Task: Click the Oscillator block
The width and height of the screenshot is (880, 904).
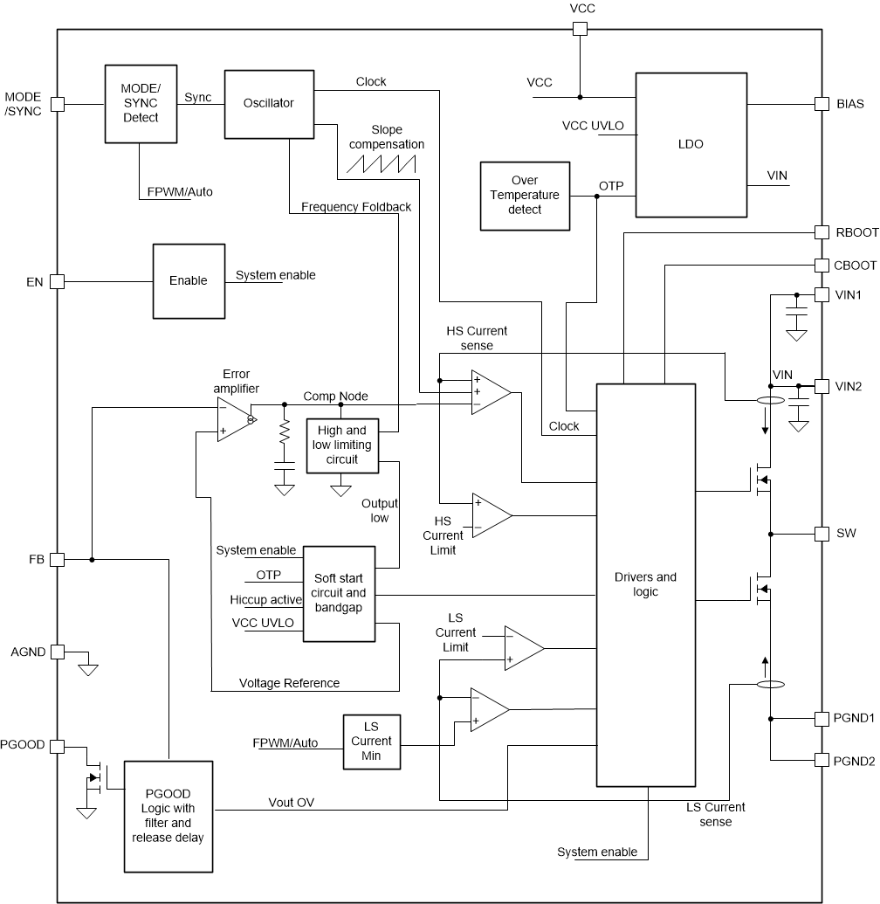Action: point(268,103)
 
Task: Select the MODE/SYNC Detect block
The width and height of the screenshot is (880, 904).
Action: point(140,103)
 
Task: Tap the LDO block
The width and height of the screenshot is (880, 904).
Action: point(691,144)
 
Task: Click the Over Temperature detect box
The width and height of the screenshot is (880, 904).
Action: point(525,196)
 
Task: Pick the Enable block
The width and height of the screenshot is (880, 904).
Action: point(188,280)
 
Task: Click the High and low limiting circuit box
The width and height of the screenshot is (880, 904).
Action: point(341,445)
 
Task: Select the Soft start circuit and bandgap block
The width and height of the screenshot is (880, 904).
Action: point(339,594)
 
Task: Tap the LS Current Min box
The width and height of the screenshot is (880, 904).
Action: point(371,742)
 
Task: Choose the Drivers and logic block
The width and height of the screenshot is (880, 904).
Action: point(645,584)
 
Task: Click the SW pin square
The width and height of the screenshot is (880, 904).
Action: point(821,534)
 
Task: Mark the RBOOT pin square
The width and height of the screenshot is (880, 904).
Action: point(821,232)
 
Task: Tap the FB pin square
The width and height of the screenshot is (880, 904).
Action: point(58,559)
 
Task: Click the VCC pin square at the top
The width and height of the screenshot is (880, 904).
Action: point(580,29)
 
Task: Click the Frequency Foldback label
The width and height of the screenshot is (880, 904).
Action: point(355,207)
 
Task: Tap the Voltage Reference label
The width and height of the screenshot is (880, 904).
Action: point(289,682)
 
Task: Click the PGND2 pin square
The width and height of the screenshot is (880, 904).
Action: point(821,760)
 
